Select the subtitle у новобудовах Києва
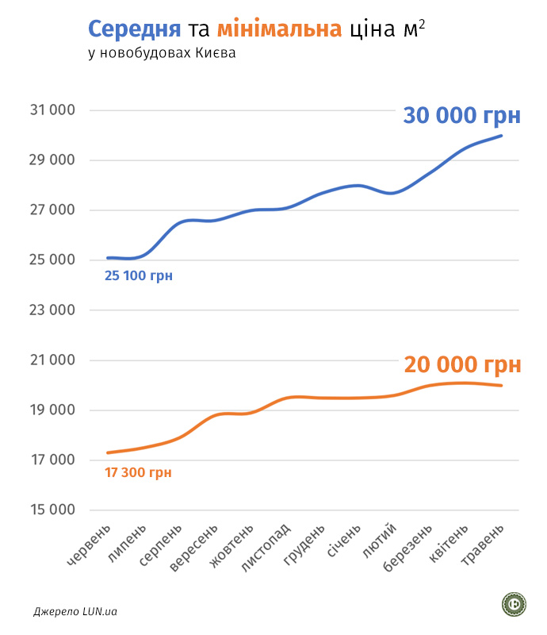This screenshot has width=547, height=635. [163, 54]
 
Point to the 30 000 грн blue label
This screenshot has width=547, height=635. [462, 115]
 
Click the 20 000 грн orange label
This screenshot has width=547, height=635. [462, 364]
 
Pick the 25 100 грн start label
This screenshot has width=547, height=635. [139, 276]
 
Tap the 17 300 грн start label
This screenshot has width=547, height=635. [138, 472]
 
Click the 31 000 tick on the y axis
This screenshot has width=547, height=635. [52, 110]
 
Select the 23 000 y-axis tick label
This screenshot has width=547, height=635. [52, 310]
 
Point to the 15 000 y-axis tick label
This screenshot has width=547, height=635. [52, 510]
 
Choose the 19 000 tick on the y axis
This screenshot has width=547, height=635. [52, 410]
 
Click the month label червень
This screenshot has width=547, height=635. [90, 547]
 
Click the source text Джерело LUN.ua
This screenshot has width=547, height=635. [75, 612]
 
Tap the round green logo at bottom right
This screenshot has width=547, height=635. [514, 605]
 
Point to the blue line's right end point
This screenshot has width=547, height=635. [501, 136]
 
